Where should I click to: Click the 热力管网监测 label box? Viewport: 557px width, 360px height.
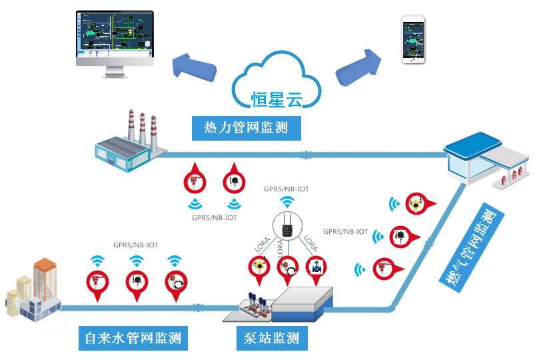(x=246, y=127)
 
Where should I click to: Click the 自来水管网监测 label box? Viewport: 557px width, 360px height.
(x=133, y=338)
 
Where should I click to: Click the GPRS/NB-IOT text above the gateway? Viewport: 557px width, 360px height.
(x=286, y=189)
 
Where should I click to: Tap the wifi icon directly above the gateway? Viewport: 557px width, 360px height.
(x=286, y=202)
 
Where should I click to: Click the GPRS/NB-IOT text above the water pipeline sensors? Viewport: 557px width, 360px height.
(x=136, y=245)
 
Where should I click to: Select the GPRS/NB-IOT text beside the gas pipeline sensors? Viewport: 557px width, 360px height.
(x=345, y=232)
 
